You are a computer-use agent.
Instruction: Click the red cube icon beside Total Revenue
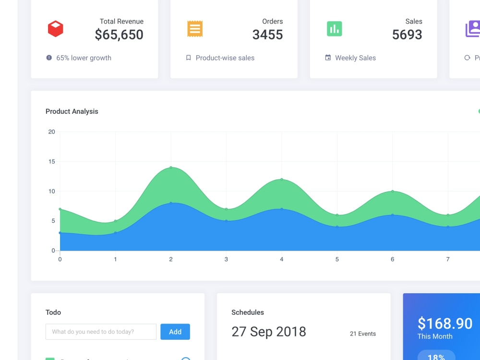[55, 29]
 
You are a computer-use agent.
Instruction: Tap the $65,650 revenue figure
[119, 35]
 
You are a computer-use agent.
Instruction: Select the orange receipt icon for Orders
[195, 29]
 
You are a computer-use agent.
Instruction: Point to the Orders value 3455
[267, 35]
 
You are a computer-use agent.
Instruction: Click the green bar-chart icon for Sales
[334, 29]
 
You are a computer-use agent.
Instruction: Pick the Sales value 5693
[407, 35]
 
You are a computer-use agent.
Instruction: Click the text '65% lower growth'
[84, 58]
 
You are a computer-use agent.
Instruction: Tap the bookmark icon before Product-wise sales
[189, 58]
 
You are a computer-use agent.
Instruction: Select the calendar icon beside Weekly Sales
[328, 58]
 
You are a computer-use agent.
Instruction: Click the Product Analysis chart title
[72, 111]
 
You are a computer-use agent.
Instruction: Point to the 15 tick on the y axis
[52, 162]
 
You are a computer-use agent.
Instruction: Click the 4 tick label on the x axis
[282, 259]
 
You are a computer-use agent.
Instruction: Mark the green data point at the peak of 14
[171, 168]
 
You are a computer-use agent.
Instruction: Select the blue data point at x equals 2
[171, 203]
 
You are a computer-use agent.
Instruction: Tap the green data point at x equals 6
[393, 192]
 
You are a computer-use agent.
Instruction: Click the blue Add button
[175, 332]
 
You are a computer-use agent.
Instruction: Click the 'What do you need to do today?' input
[101, 332]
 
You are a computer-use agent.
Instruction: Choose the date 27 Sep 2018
[269, 332]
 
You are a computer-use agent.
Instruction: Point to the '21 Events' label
[363, 334]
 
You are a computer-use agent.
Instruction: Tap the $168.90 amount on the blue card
[445, 324]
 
